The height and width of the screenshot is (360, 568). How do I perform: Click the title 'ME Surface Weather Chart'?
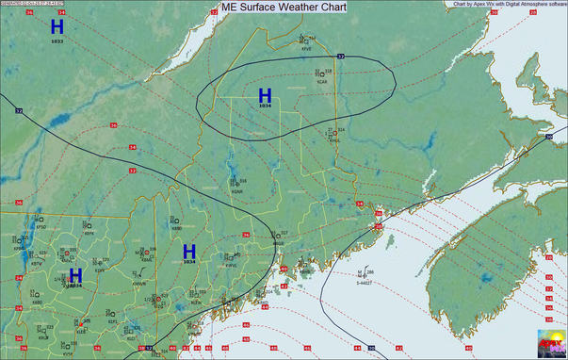[x=283, y=7]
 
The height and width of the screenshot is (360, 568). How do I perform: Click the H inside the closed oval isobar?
[x=265, y=95]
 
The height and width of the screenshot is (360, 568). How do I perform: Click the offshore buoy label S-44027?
[x=363, y=282]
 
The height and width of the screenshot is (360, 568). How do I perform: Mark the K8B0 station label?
[x=177, y=228]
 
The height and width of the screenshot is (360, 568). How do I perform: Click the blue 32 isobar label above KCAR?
[x=341, y=57]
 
